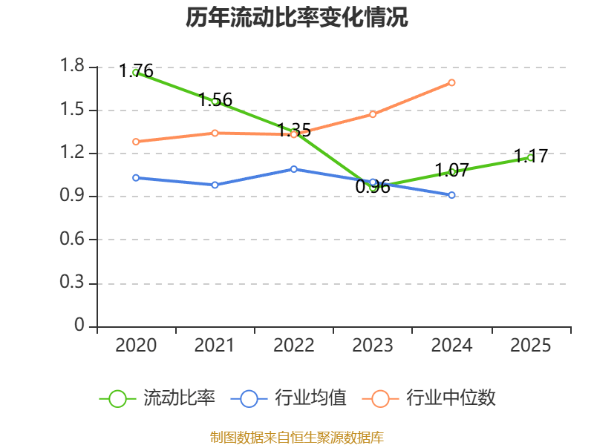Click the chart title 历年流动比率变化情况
click(x=297, y=17)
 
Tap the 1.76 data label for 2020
click(x=137, y=71)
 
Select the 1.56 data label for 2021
click(x=215, y=99)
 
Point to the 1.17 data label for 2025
click(x=531, y=156)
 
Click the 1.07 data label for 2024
click(x=451, y=170)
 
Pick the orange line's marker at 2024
click(x=451, y=82)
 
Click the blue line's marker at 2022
click(x=294, y=169)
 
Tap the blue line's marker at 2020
click(x=136, y=178)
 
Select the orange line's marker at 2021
click(x=215, y=133)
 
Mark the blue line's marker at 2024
click(x=451, y=195)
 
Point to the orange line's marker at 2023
click(x=373, y=114)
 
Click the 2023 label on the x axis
click(x=373, y=346)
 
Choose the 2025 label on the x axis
click(x=531, y=346)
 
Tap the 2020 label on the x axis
click(x=136, y=346)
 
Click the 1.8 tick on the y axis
click(x=73, y=67)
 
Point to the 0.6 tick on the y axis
click(x=73, y=240)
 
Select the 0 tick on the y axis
click(x=80, y=326)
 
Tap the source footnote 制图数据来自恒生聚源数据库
click(x=297, y=437)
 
